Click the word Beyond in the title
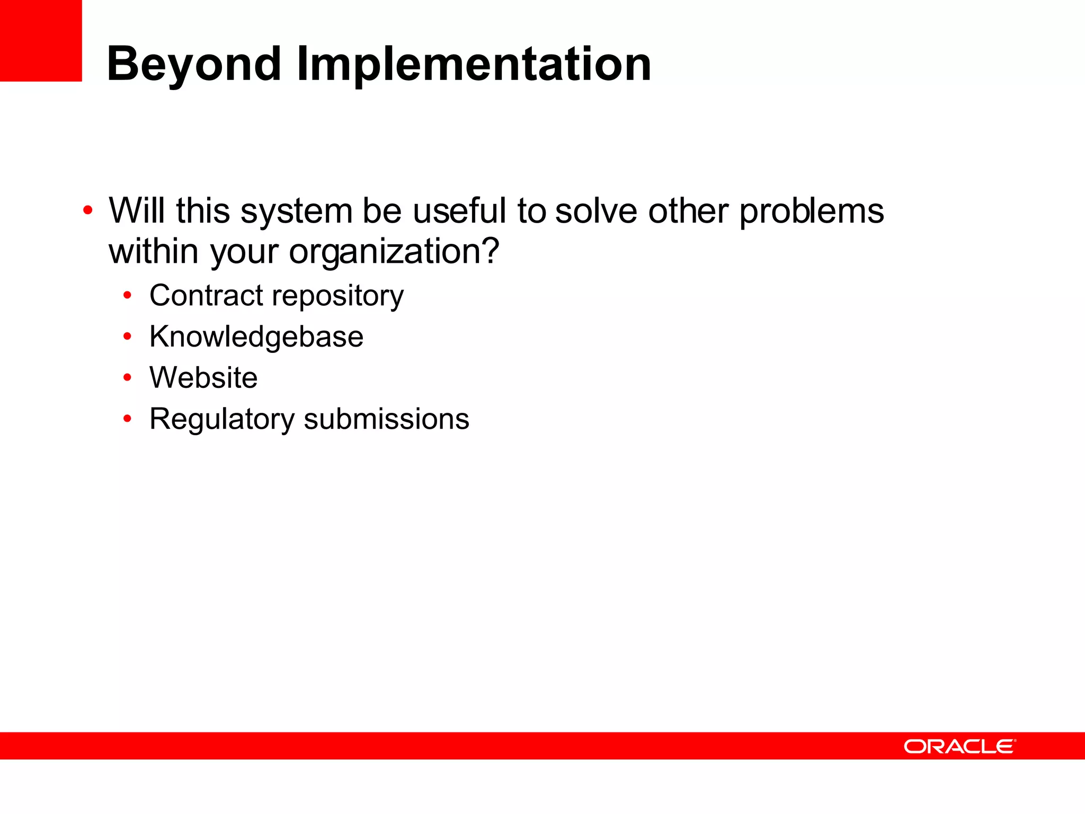pos(193,65)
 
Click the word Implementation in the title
pos(474,65)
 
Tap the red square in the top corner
pos(40,40)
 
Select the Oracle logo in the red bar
pos(959,746)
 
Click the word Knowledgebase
pos(256,337)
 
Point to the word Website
pos(203,377)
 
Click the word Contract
pos(206,295)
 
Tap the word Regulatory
pos(221,420)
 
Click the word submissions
pos(386,419)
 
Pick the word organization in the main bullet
pos(394,252)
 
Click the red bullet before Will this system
pos(88,211)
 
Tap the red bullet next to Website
pos(127,377)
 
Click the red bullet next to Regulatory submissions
pos(127,419)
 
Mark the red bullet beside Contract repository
pos(127,295)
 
